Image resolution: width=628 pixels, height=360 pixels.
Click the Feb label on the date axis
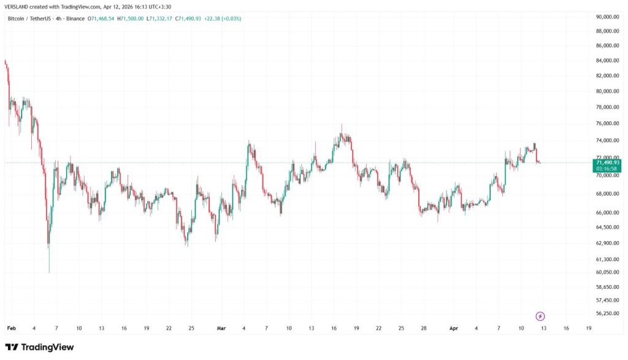pyautogui.click(x=11, y=329)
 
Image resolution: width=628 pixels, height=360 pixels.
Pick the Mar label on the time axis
pyautogui.click(x=221, y=329)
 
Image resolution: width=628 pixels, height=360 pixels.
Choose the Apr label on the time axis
pyautogui.click(x=454, y=329)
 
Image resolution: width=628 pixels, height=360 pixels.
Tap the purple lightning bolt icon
pyautogui.click(x=540, y=316)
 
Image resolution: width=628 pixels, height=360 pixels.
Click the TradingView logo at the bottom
pyautogui.click(x=39, y=347)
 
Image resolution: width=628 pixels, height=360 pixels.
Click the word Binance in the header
pyautogui.click(x=74, y=19)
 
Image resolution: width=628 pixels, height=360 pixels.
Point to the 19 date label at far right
pyautogui.click(x=588, y=329)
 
